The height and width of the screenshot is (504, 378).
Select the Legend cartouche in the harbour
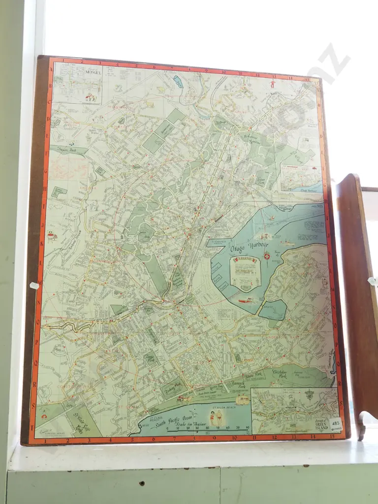click(x=245, y=272)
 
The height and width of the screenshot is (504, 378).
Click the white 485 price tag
click(x=336, y=423)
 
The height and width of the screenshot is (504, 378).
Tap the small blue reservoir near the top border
click(x=178, y=82)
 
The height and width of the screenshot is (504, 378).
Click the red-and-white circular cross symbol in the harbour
click(x=266, y=256)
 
